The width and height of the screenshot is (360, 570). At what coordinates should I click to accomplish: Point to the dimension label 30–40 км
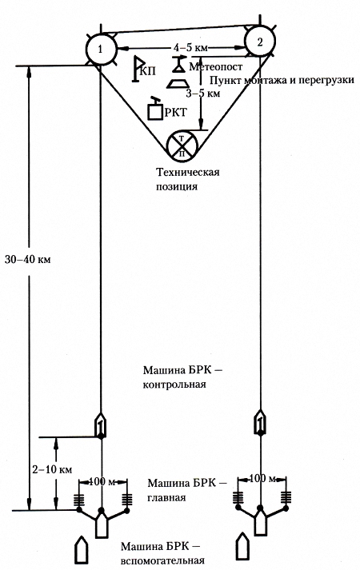coord(28,260)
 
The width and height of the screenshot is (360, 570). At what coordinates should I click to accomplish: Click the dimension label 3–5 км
coord(203,93)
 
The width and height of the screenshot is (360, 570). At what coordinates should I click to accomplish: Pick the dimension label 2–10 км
coord(52,469)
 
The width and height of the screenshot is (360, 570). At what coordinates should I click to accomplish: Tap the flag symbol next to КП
coord(136,69)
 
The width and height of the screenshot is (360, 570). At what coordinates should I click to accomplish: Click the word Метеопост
coord(216,67)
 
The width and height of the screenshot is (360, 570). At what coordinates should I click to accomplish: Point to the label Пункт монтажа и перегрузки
coord(282,80)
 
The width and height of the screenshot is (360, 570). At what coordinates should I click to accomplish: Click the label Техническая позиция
coord(188,179)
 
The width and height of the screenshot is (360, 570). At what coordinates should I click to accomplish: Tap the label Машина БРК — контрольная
coord(182,377)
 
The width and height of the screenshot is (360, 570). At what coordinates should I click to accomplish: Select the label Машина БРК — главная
coord(187,490)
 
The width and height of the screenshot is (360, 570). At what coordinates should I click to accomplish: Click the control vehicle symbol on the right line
coord(259,421)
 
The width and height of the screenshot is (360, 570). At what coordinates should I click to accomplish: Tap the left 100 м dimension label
coord(102,482)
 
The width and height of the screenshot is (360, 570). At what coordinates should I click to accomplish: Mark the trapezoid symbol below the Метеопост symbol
coord(177,83)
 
